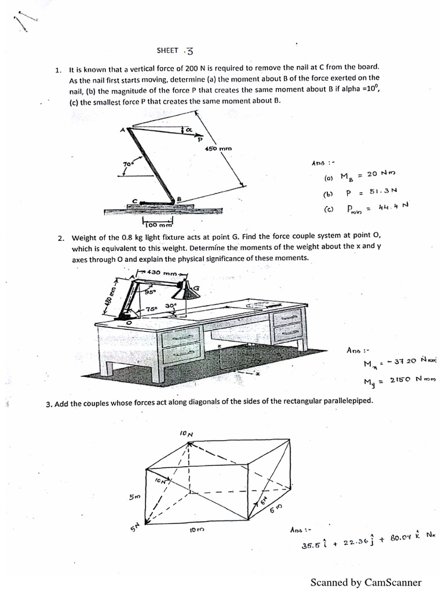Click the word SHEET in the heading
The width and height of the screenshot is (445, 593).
point(167,50)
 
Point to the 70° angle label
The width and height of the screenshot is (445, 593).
point(128,165)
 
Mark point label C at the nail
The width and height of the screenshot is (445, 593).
point(135,200)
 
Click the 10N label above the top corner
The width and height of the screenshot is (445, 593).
point(186,433)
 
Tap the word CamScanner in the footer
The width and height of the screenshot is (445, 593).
point(392,582)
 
